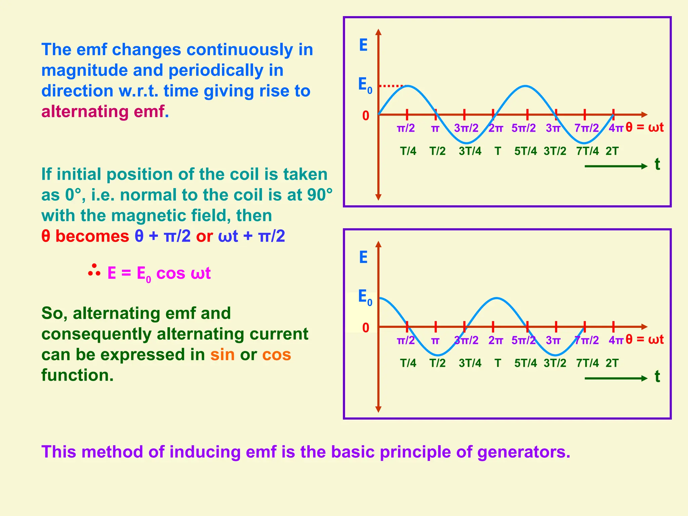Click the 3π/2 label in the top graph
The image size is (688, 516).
click(x=466, y=128)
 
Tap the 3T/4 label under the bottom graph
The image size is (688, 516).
click(x=470, y=363)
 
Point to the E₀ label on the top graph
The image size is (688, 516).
click(x=365, y=85)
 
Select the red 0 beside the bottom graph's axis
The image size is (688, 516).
click(x=365, y=328)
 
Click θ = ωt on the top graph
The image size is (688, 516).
click(x=645, y=127)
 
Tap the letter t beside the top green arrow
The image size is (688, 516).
click(x=657, y=165)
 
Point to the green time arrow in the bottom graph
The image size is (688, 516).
click(x=615, y=378)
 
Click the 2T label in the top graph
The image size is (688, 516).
click(x=612, y=151)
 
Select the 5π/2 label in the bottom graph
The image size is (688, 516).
click(x=523, y=340)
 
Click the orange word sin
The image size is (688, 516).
click(x=222, y=355)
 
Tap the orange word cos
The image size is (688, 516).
click(x=276, y=355)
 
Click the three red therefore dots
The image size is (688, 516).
click(x=94, y=271)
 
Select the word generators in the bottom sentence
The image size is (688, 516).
click(x=523, y=452)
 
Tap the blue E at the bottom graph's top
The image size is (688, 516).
click(x=363, y=257)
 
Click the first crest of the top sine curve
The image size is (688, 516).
click(x=407, y=86)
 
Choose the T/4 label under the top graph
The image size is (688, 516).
click(x=408, y=151)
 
